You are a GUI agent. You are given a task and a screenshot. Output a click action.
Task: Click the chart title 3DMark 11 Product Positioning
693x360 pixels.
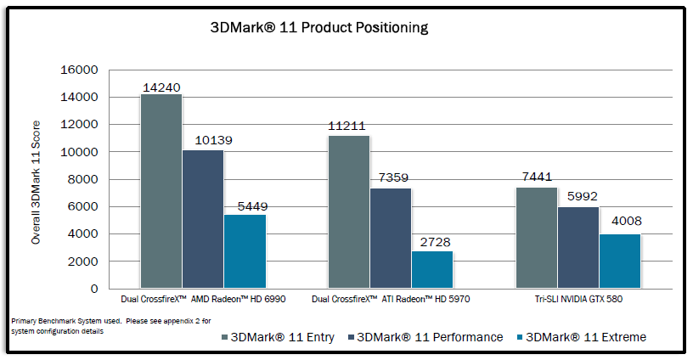coord(319,27)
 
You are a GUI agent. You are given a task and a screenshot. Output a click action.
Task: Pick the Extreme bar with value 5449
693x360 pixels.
coord(245,251)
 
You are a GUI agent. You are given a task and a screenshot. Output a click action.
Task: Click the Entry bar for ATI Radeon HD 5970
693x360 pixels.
coord(349,211)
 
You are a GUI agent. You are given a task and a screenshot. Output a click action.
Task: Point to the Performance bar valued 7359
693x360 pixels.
coord(391,238)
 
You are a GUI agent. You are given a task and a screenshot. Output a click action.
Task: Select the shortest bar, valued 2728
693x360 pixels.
coord(432,269)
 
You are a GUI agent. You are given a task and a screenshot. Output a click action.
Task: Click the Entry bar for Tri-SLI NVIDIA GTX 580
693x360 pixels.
coord(537,238)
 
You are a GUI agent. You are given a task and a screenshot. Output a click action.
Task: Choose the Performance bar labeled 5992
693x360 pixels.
coord(578,247)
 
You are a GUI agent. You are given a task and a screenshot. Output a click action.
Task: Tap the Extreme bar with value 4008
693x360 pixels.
coord(620,261)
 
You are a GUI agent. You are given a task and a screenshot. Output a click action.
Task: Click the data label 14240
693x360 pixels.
coord(161,87)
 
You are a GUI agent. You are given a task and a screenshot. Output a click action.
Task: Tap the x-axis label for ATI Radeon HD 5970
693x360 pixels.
coord(391,300)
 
